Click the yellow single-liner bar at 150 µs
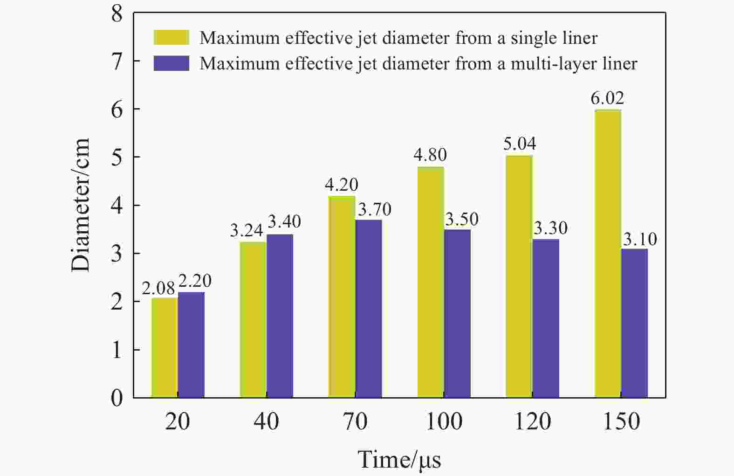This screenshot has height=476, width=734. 608,254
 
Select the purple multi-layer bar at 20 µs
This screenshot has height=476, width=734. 191,345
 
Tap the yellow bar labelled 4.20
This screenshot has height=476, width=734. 342,297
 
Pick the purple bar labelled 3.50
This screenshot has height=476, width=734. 457,313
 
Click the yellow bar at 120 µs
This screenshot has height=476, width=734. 519,276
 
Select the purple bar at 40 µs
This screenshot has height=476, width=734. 280,316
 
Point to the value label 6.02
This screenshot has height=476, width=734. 607,98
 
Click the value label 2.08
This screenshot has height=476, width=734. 158,289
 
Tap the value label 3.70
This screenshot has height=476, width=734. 374,209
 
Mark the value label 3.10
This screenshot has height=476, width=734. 640,239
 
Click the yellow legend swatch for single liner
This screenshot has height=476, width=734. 171,37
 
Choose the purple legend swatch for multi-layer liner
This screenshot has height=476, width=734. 171,63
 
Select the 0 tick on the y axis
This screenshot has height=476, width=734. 117,398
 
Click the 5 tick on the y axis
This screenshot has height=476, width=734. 117,157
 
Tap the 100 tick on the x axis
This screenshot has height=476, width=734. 444,421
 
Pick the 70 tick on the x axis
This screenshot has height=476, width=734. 355,421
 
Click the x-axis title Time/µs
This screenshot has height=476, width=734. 399,460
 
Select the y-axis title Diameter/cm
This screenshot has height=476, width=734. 80,205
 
